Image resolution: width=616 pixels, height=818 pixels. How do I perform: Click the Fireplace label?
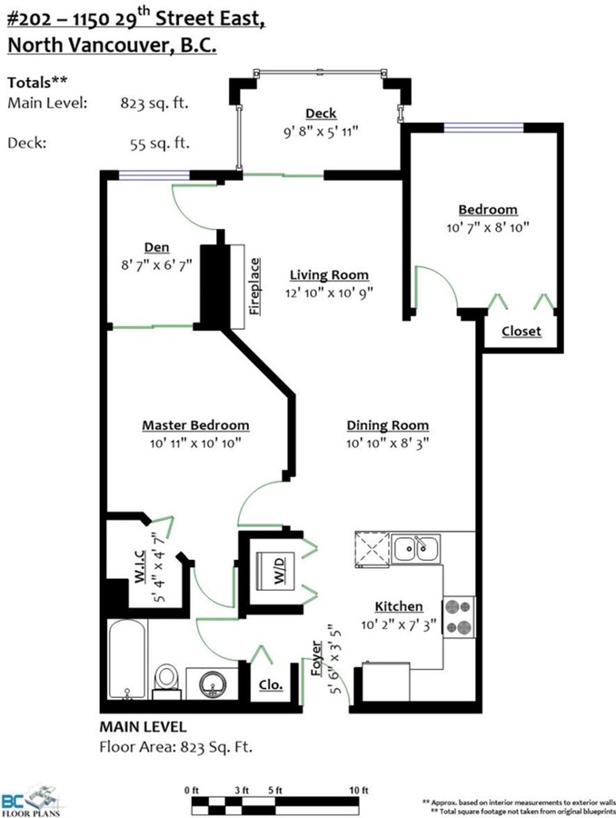click(254, 286)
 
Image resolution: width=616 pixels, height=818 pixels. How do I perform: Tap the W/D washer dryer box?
click(275, 572)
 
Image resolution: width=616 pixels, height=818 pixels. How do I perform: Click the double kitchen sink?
click(416, 548)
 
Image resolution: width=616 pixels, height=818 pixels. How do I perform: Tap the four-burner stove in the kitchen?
click(459, 616)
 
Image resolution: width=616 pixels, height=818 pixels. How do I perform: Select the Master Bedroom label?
click(195, 425)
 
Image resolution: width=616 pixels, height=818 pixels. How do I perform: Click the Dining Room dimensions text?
click(388, 444)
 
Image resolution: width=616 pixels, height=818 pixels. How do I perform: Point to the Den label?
click(156, 247)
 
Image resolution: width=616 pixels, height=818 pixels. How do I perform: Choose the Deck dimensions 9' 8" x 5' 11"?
click(321, 132)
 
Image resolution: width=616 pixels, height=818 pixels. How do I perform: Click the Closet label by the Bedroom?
click(522, 331)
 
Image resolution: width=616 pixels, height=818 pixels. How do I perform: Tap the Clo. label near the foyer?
click(271, 684)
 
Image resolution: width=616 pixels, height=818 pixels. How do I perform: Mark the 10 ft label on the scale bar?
click(358, 791)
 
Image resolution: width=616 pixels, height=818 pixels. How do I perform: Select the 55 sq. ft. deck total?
click(160, 143)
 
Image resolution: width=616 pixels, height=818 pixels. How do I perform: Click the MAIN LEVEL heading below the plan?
click(143, 727)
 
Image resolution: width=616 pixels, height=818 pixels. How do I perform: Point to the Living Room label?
click(329, 274)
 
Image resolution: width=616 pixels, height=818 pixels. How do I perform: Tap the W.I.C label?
click(140, 566)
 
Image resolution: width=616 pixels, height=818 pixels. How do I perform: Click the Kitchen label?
click(399, 606)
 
